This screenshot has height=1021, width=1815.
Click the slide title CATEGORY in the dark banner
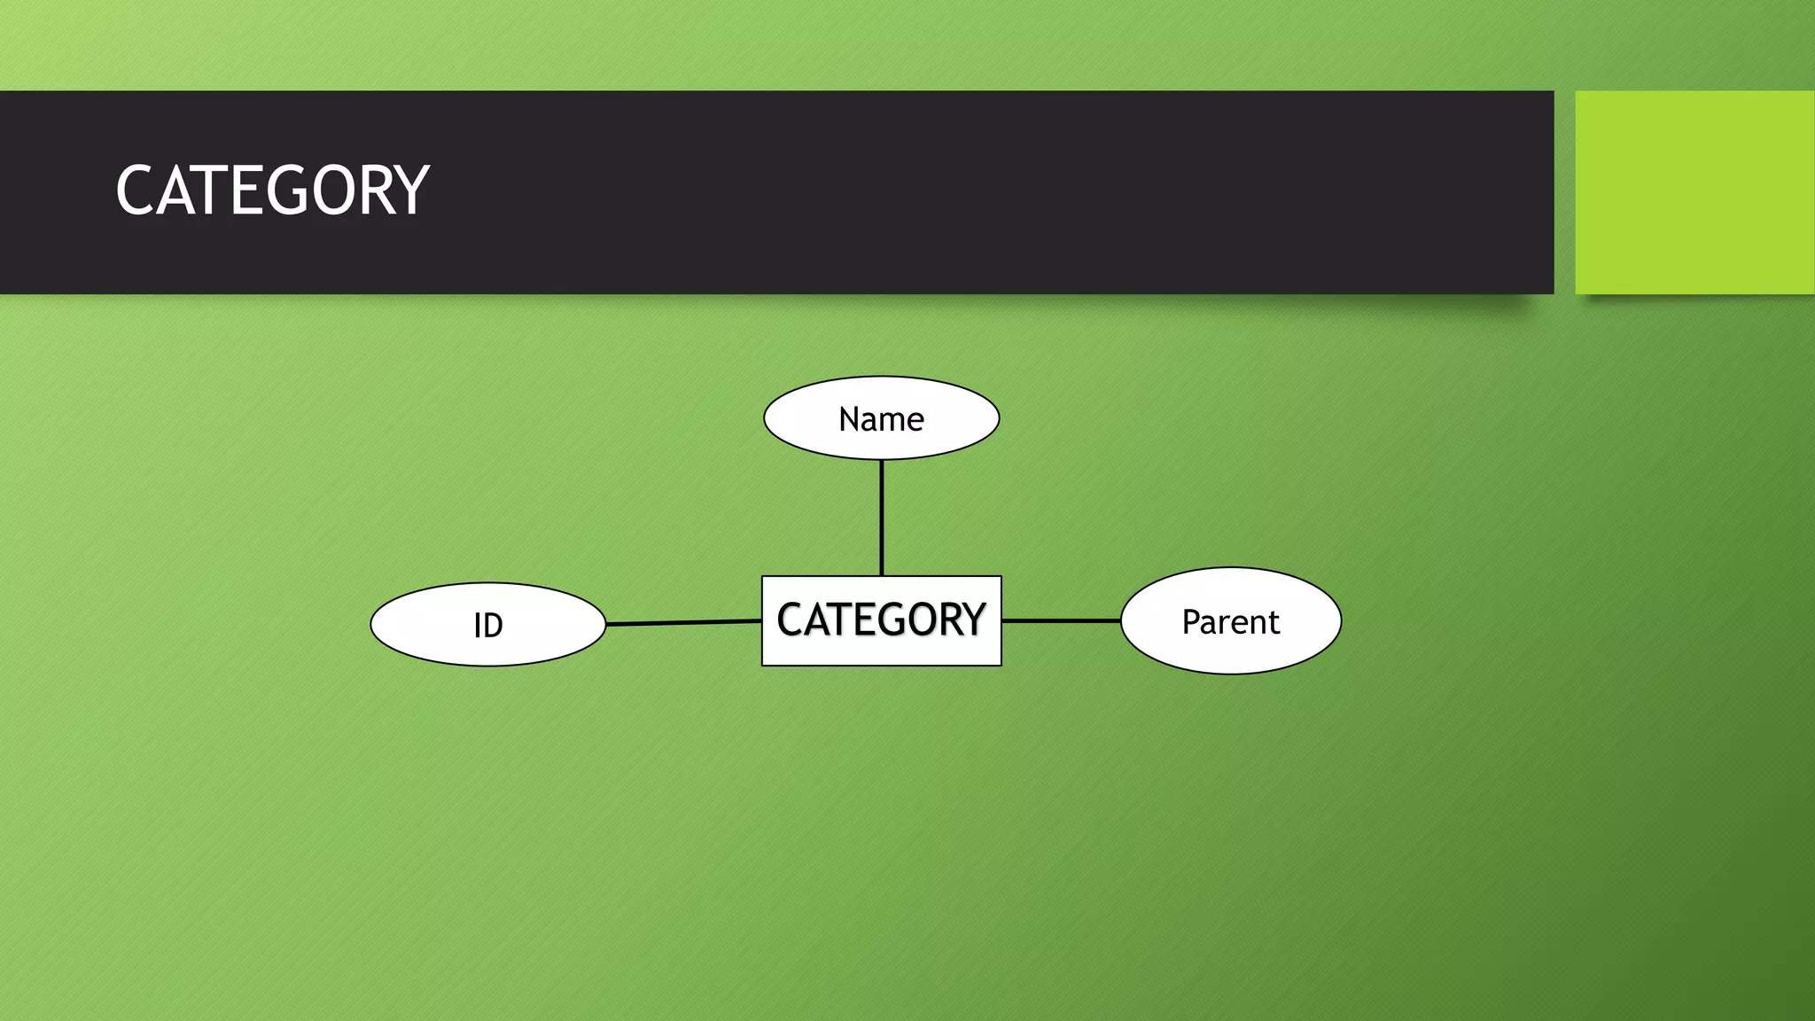click(x=272, y=191)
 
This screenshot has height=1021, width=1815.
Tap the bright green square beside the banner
click(x=1694, y=192)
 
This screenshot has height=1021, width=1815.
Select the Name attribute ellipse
click(x=881, y=418)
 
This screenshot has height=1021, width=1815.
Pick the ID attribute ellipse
click(x=487, y=625)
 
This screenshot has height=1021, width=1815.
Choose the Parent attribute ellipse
click(x=1231, y=621)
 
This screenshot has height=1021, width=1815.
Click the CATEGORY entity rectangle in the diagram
click(x=881, y=620)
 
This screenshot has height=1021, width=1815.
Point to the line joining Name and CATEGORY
click(x=881, y=518)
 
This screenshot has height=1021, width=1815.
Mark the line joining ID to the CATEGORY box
click(x=683, y=623)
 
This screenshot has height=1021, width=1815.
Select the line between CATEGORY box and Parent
click(x=1061, y=620)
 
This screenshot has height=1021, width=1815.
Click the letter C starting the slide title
click(x=135, y=191)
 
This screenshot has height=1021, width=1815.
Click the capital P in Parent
click(x=1192, y=621)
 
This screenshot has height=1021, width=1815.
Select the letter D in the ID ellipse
click(x=493, y=626)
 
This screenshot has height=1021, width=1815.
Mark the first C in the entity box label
click(x=789, y=620)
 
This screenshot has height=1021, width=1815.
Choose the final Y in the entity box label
click(x=974, y=620)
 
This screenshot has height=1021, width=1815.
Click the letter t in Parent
click(x=1274, y=622)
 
